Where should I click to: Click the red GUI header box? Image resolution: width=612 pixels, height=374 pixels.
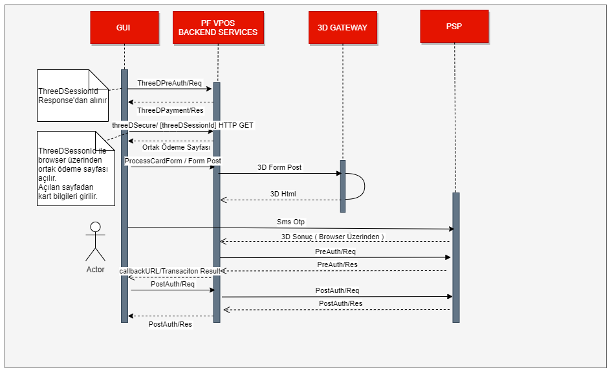[123, 27]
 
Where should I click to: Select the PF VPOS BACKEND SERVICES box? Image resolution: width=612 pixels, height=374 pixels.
[218, 27]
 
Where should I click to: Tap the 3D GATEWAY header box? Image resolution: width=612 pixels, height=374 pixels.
[342, 27]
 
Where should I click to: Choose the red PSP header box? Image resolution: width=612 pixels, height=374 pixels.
[454, 27]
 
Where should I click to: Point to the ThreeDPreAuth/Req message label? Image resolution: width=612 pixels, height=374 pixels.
[169, 83]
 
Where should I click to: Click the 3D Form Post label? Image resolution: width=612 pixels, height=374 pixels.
[279, 167]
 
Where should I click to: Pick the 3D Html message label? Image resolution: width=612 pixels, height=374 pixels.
[283, 194]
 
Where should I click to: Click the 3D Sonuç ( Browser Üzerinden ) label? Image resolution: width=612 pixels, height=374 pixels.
[333, 237]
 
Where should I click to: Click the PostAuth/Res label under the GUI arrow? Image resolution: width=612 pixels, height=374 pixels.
[170, 323]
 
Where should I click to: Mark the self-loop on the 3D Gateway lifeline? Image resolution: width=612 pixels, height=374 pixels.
[355, 186]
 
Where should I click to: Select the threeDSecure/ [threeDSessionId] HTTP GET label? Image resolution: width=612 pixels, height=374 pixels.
[182, 124]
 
